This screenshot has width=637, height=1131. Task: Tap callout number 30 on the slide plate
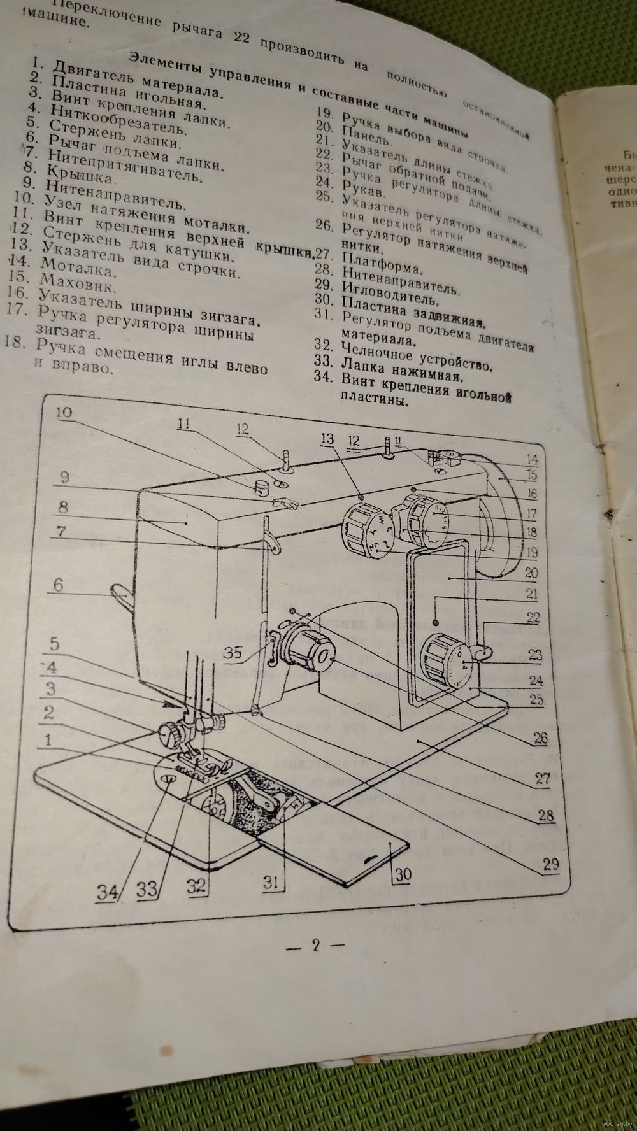(x=402, y=874)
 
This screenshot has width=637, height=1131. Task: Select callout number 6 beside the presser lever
(x=58, y=584)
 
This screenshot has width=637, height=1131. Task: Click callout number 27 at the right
(x=542, y=778)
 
